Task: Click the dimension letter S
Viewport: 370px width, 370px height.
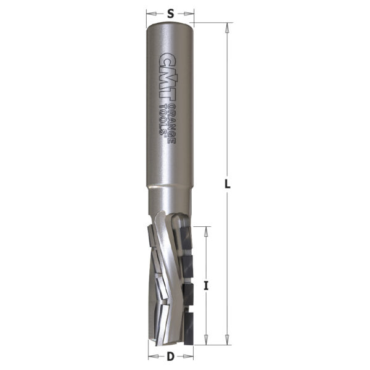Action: pos(170,14)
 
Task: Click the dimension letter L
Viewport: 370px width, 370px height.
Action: pos(227,183)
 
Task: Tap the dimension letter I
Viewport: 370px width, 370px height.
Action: pos(206,286)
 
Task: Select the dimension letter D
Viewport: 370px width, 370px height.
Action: pos(170,356)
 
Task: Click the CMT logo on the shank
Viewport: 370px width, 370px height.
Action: pos(168,78)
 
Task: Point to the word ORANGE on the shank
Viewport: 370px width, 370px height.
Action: pos(172,123)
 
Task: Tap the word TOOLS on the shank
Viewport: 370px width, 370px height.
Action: pos(163,120)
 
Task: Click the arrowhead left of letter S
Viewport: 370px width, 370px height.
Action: pos(151,14)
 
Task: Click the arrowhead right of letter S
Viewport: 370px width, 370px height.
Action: pos(189,14)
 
